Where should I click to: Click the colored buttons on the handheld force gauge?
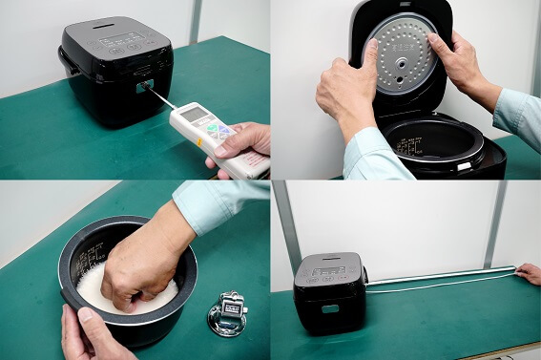[219, 132]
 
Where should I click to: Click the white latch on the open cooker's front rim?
[463, 166]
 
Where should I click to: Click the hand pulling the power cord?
[529, 274]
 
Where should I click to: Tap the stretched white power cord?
[439, 280]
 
